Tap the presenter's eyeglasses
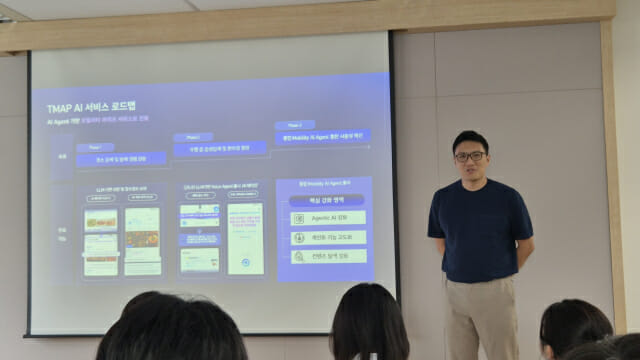pyautogui.click(x=469, y=156)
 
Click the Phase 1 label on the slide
pyautogui.click(x=88, y=146)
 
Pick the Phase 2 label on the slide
pyautogui.click(x=192, y=136)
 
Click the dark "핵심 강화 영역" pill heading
pyautogui.click(x=326, y=200)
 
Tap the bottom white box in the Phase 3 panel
pyautogui.click(x=327, y=256)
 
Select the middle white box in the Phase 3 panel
pyautogui.click(x=327, y=237)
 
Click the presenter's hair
pyautogui.click(x=469, y=138)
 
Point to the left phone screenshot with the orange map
pyautogui.click(x=100, y=241)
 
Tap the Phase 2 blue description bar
pyautogui.click(x=220, y=148)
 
